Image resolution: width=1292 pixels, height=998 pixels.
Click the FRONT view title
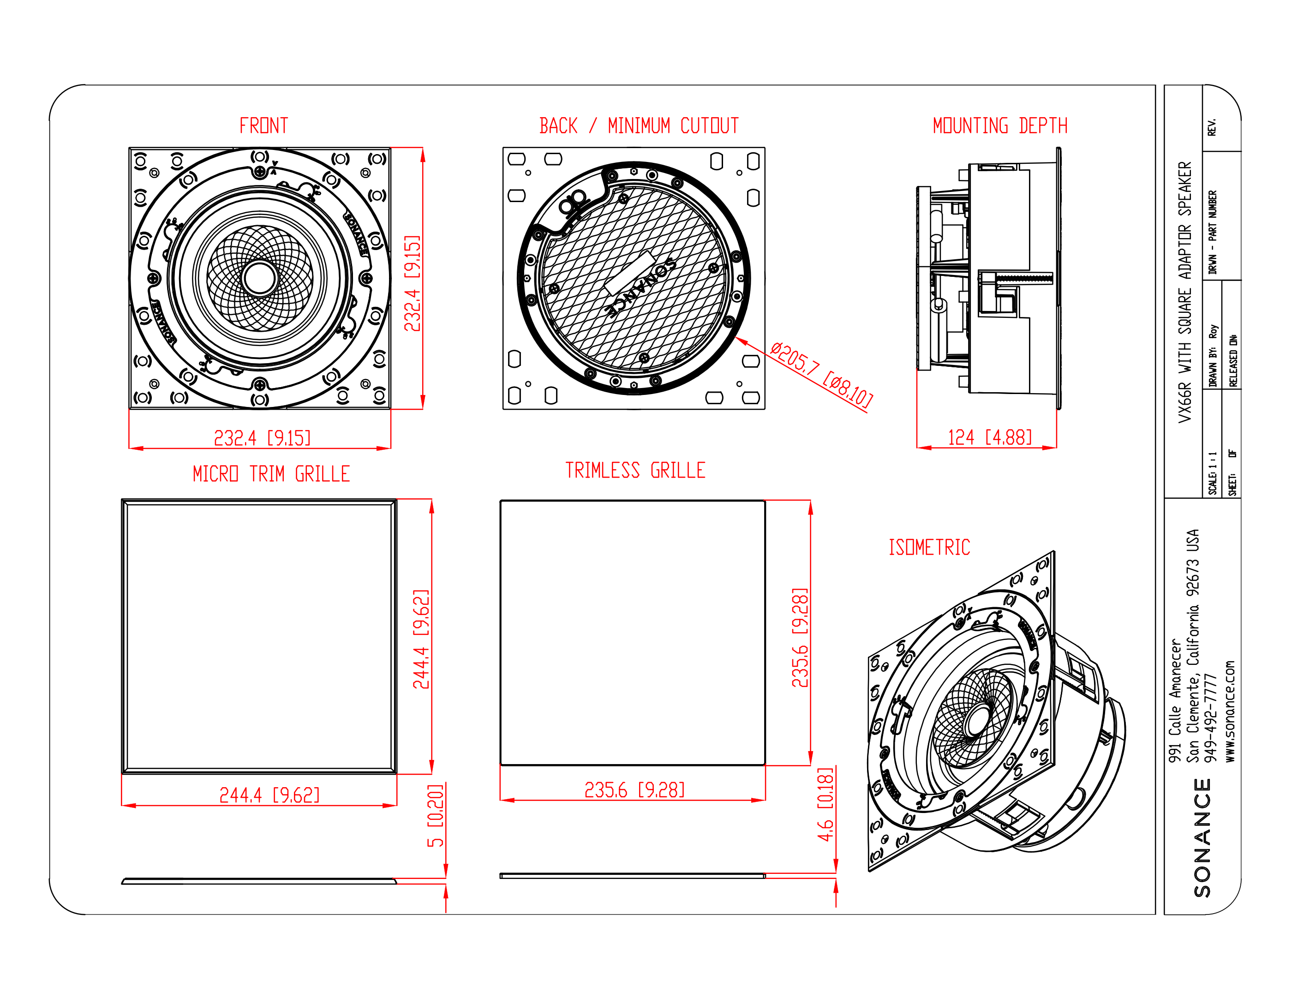(263, 125)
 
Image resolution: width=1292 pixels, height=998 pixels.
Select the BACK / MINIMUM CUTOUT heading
(639, 125)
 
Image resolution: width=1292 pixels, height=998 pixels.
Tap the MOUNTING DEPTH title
(1000, 125)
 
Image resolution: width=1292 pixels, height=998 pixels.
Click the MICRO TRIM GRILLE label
(271, 473)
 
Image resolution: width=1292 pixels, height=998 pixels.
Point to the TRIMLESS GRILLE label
(635, 470)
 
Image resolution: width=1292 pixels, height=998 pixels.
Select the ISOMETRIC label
(929, 547)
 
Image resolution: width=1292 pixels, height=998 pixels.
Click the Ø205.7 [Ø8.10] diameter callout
(821, 375)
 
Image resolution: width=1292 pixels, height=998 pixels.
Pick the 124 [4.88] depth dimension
(990, 437)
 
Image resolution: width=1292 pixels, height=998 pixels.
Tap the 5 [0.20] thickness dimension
(436, 815)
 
